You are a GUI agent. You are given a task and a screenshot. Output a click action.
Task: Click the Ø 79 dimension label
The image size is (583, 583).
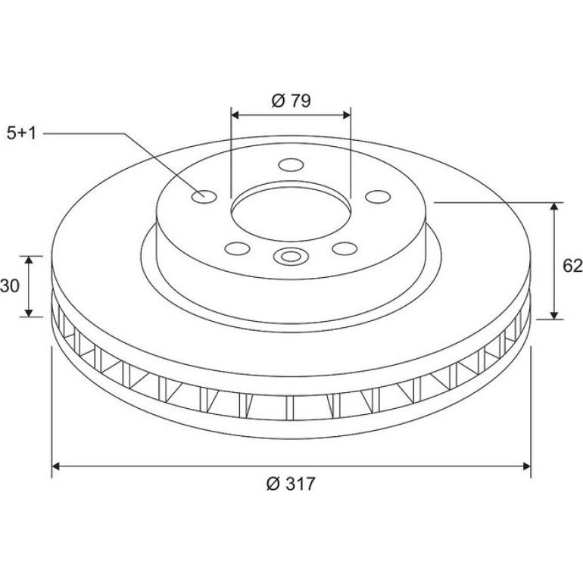click(x=291, y=101)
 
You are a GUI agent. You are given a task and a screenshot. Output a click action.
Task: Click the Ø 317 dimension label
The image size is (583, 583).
click(x=291, y=484)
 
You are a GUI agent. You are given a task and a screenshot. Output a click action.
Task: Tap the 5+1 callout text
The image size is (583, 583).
click(x=21, y=133)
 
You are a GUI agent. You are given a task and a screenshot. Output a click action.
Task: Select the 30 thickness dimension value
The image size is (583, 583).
click(x=9, y=286)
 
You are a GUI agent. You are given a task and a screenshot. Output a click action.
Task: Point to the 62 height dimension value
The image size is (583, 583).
click(x=572, y=266)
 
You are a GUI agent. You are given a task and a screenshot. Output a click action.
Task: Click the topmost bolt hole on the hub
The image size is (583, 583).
click(x=291, y=165)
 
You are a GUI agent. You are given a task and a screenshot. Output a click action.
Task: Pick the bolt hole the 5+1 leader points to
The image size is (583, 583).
click(x=204, y=196)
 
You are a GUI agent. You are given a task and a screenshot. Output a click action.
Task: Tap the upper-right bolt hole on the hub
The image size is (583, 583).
click(x=378, y=197)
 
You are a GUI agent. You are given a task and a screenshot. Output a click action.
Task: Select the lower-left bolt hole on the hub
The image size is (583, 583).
click(x=237, y=248)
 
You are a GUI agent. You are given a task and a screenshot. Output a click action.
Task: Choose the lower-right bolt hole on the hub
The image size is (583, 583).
click(x=345, y=248)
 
